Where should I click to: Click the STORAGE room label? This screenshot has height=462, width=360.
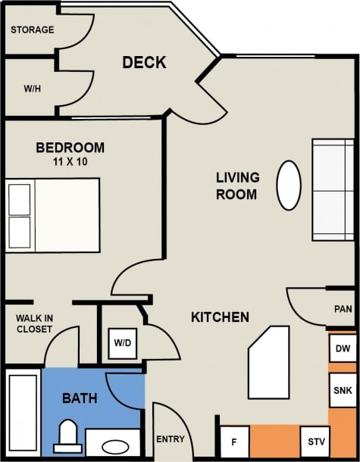click(32, 30)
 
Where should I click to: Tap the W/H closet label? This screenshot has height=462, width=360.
click(32, 89)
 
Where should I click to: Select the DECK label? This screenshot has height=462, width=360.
click(144, 63)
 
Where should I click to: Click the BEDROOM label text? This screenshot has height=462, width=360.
click(70, 148)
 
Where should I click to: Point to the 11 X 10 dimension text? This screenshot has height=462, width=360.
click(70, 161)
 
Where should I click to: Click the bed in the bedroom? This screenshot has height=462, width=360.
click(53, 215)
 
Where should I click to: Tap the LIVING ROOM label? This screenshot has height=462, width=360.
click(237, 186)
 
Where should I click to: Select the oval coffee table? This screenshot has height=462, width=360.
click(289, 185)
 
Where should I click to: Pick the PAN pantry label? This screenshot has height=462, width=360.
click(343, 309)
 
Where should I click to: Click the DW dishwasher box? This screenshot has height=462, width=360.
click(341, 349)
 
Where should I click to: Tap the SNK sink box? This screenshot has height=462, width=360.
click(341, 391)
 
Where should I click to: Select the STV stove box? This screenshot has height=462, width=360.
click(314, 442)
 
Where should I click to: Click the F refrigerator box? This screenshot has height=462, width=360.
click(234, 442)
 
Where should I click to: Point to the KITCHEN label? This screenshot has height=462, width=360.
click(220, 317)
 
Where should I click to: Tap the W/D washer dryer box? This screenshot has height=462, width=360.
click(122, 343)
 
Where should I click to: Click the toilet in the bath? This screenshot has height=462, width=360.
click(69, 437)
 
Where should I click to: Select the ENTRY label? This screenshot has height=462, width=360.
click(170, 439)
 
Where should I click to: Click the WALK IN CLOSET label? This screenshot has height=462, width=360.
click(34, 323)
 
